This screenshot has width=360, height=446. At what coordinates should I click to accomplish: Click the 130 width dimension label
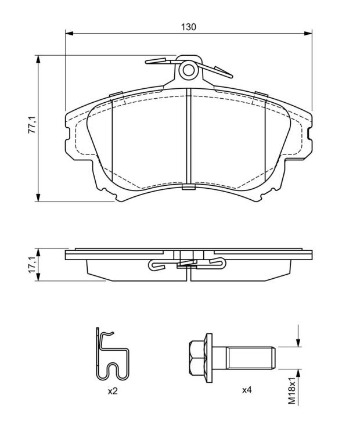coord(189,27)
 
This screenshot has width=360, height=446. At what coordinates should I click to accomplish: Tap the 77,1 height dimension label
coord(31,125)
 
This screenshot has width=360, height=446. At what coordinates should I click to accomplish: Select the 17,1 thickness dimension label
coord(31,265)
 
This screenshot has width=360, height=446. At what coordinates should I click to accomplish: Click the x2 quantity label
coord(113,391)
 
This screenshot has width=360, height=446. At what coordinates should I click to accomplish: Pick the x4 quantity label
coord(247,390)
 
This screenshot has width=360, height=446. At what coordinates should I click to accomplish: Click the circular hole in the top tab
coord(188,70)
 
